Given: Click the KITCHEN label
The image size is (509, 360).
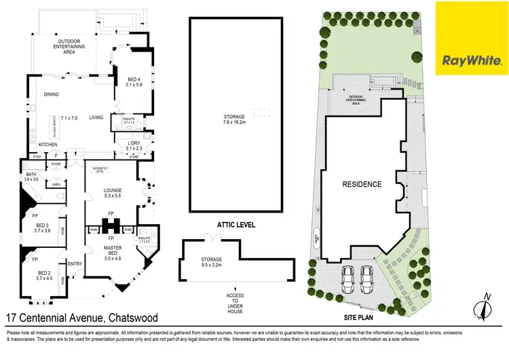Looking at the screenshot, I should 48,145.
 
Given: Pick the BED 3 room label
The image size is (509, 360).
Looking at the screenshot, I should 43,226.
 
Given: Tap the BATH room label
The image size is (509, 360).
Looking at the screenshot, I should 32,174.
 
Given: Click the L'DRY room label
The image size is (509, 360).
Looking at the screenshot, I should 134,143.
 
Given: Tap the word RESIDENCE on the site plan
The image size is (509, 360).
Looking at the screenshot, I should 361,184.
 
